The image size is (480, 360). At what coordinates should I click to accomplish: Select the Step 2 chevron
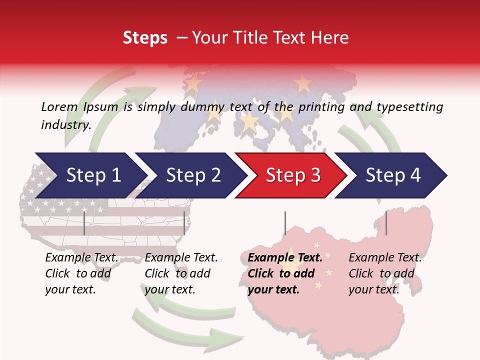coord(193,175)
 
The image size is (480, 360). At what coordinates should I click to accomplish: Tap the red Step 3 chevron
coord(293,175)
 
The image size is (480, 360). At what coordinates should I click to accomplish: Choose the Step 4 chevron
coord(393,175)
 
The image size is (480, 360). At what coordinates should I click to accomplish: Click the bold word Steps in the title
coord(145,37)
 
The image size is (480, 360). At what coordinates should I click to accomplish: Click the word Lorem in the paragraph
coord(59,106)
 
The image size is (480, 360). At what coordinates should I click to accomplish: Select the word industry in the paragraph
coord(65,124)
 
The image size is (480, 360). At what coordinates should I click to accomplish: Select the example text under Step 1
coord(81,273)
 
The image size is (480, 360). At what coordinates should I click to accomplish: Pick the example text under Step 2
coord(181,273)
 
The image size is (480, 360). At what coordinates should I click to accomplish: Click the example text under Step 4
coord(385,273)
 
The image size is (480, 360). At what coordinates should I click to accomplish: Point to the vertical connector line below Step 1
coord(84,223)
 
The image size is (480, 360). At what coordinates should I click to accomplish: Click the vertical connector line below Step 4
coord(386,223)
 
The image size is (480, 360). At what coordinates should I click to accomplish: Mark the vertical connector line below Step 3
coord(285,223)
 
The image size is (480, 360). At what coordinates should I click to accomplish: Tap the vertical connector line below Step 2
coord(184,223)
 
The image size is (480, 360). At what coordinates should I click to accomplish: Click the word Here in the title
coord(333,37)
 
